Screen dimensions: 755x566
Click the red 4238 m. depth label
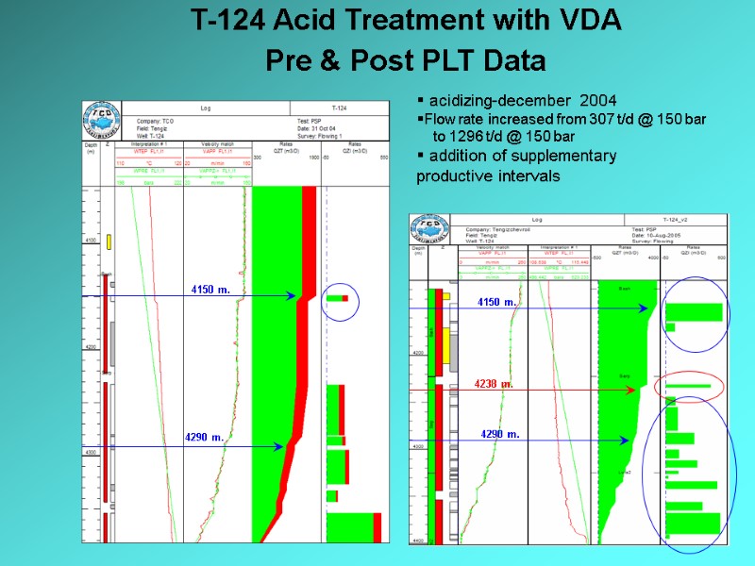point(494,384)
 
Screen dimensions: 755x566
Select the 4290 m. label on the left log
point(205,438)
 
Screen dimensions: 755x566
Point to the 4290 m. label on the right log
point(500,434)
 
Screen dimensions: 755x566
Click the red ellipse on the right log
point(689,386)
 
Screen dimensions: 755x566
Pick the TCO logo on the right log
point(428,232)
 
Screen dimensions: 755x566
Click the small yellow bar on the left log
point(109,241)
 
